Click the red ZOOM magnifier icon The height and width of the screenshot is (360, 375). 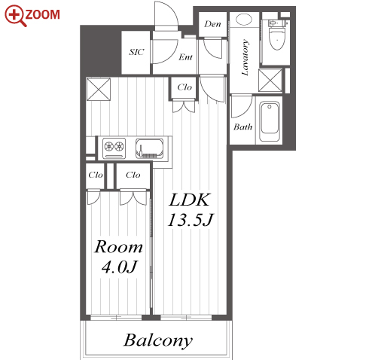[x=15, y=16]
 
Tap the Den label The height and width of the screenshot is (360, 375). [x=212, y=24]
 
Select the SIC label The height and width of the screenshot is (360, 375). [x=137, y=52]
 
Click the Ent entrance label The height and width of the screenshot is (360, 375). [x=185, y=57]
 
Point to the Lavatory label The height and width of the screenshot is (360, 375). [x=245, y=57]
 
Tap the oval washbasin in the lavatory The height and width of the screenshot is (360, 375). [x=244, y=20]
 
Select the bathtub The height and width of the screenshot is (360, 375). [x=270, y=122]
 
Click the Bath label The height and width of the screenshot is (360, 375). [x=242, y=127]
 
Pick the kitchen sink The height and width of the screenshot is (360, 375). [x=150, y=148]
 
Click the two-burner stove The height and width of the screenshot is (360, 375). [x=114, y=148]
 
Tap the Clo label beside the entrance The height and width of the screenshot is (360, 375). [x=184, y=87]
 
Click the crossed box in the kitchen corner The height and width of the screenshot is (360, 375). [x=99, y=90]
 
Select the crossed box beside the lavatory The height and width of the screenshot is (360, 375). [x=270, y=81]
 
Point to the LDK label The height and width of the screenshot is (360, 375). [x=190, y=200]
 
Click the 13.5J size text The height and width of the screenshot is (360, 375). [x=191, y=220]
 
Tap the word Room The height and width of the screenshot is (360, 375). [x=119, y=247]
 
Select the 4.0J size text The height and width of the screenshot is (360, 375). [x=120, y=267]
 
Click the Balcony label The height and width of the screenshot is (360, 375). [x=158, y=340]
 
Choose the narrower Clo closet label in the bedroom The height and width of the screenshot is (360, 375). [x=96, y=175]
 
